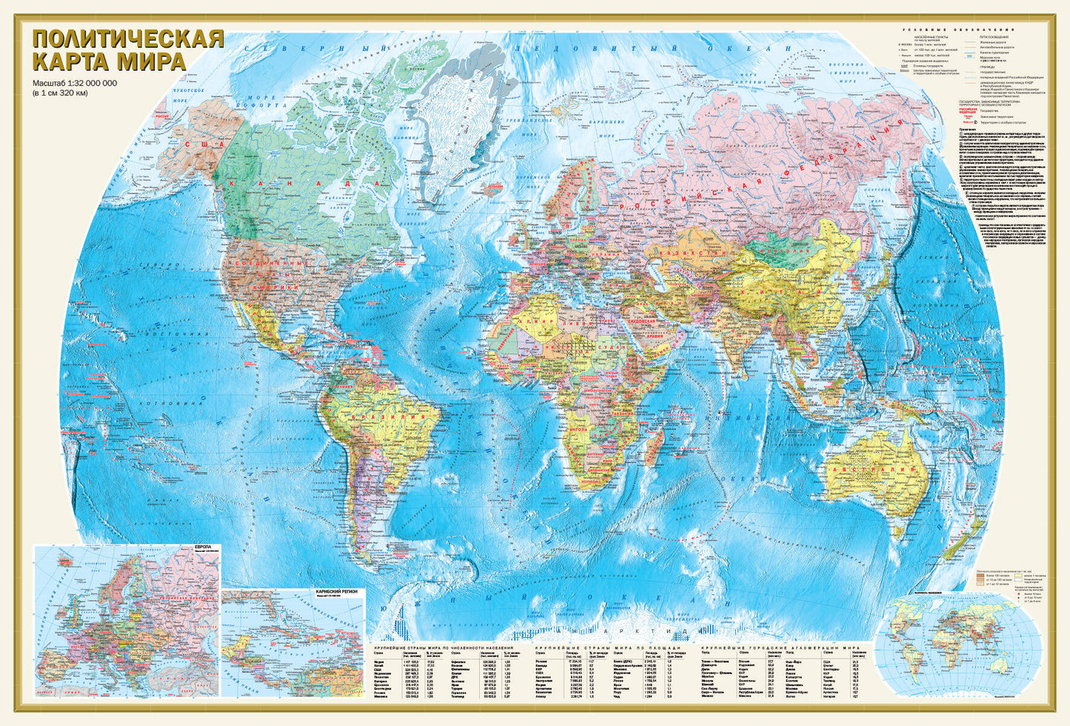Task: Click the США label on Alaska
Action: pyautogui.click(x=199, y=144)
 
